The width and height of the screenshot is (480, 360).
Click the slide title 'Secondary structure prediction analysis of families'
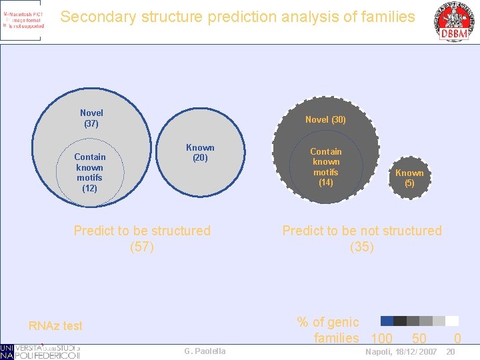[x=237, y=17]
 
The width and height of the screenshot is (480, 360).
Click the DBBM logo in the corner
[x=453, y=21]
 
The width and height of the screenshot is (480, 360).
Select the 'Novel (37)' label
[x=91, y=118]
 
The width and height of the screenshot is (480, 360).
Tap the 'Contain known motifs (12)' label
[x=89, y=173]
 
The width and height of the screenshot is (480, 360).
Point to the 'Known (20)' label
[x=200, y=153]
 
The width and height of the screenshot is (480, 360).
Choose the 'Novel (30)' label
[x=325, y=119]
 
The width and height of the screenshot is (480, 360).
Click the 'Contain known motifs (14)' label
[x=325, y=167]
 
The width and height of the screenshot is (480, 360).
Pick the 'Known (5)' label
[x=409, y=178]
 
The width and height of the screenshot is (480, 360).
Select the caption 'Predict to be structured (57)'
[x=142, y=239]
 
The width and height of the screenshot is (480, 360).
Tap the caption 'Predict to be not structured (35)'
[x=362, y=239]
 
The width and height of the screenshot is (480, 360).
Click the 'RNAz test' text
[x=55, y=325]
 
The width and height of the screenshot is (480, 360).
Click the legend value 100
[x=381, y=338]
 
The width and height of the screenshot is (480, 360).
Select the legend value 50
[x=419, y=338]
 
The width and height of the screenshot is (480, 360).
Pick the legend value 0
[x=457, y=338]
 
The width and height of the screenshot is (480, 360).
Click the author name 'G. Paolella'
[x=205, y=351]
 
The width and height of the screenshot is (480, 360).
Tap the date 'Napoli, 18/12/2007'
[x=401, y=351]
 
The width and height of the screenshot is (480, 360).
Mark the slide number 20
[x=451, y=351]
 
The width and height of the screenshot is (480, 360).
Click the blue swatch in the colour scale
[x=387, y=321]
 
